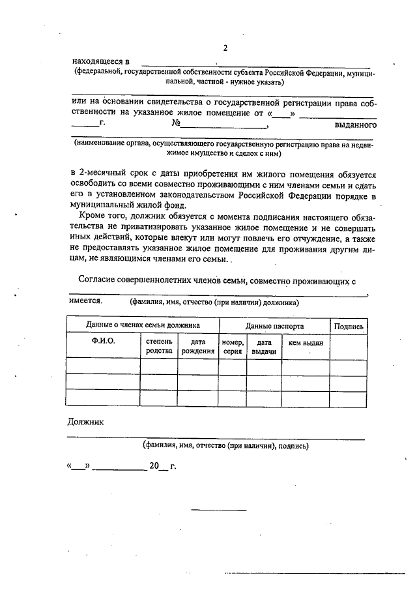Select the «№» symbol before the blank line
coord(175,123)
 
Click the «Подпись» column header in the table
coord(349,325)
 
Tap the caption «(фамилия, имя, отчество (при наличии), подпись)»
coord(226,446)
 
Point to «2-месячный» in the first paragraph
coord(107,175)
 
